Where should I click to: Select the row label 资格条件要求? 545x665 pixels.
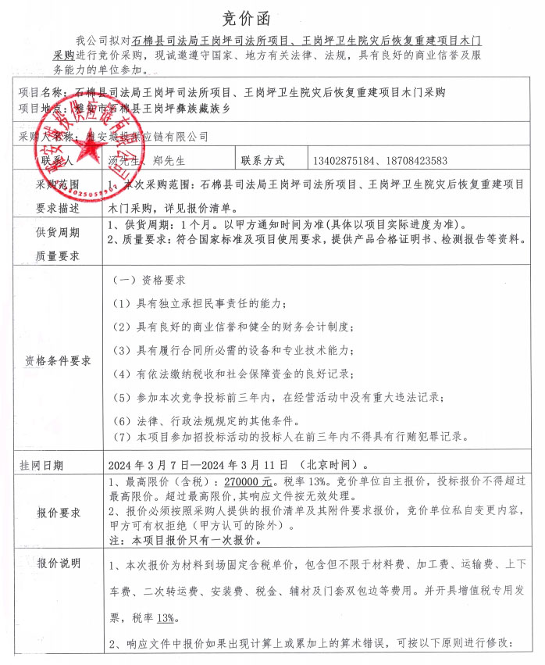click(59, 360)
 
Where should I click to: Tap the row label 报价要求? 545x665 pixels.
click(59, 513)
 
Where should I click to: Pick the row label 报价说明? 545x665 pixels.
click(59, 563)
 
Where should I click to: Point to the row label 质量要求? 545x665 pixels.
click(59, 256)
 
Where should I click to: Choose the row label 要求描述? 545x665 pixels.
click(59, 209)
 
